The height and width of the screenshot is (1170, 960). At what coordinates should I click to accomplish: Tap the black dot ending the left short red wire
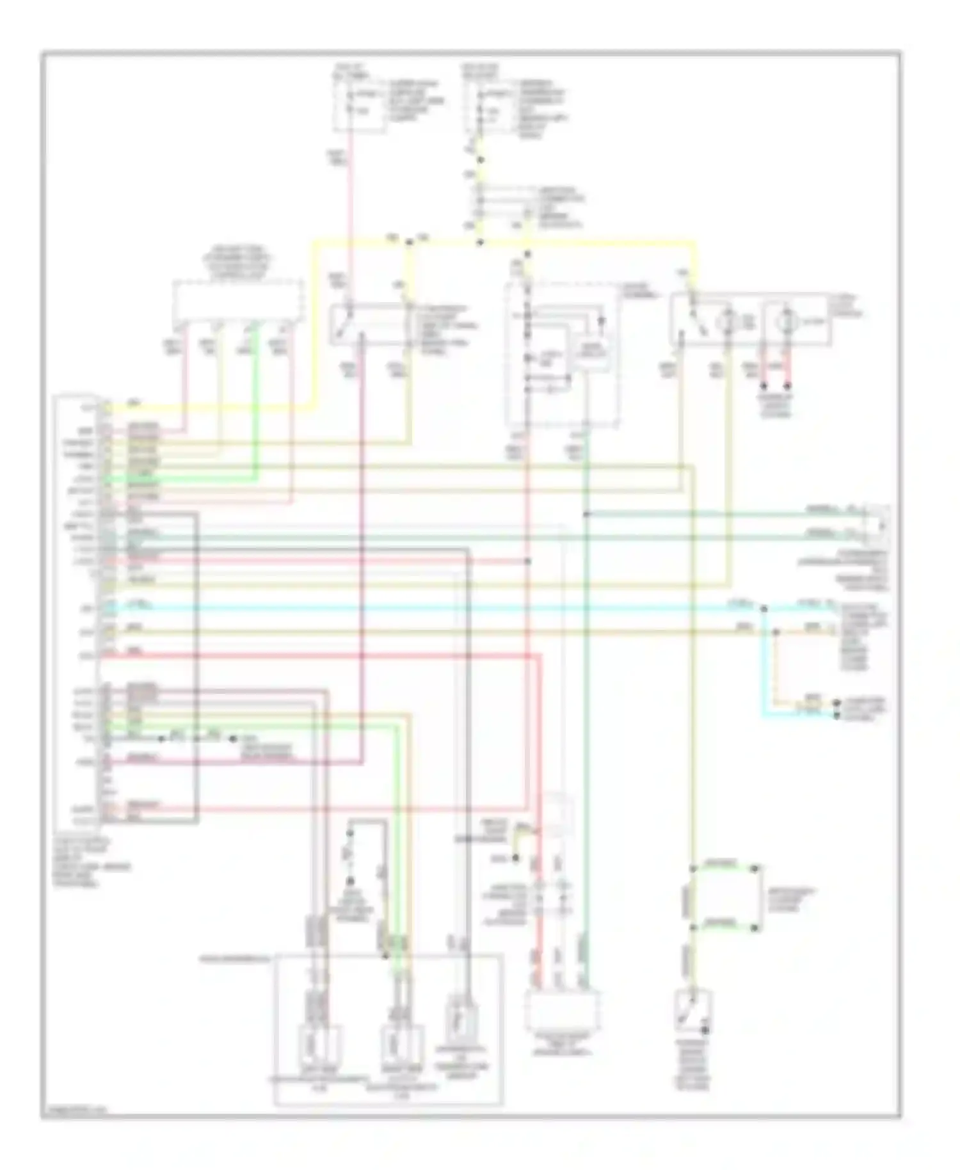point(763,387)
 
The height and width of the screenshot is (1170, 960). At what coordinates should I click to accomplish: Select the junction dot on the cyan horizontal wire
point(764,608)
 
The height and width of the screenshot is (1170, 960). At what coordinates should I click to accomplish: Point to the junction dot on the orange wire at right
point(776,632)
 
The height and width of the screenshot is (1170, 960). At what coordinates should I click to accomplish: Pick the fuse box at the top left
point(359,106)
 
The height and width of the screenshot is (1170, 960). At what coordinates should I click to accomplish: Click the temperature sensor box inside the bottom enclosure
point(461,1019)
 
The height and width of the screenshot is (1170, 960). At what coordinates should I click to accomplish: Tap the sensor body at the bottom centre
point(563,1012)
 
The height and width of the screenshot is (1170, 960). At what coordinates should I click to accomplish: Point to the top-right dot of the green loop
point(755,869)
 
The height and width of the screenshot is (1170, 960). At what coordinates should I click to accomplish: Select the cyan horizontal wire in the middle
point(448,608)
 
